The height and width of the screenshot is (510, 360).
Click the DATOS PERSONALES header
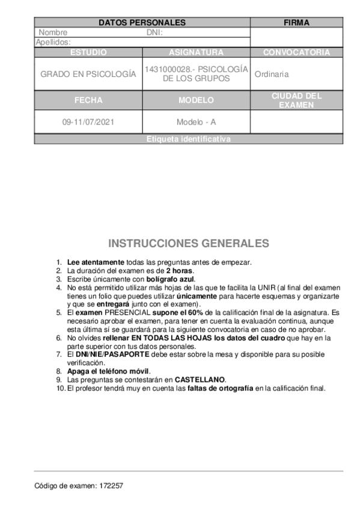[x=142, y=23]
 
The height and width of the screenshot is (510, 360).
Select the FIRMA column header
[x=296, y=23]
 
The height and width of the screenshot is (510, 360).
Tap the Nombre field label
[x=53, y=32]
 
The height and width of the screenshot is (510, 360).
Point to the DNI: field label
[x=154, y=32]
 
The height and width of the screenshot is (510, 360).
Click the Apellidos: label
[x=53, y=42]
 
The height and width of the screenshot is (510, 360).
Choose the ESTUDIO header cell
[x=88, y=52]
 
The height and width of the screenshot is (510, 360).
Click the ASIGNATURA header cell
[x=196, y=52]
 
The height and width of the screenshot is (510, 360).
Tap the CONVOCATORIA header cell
[x=296, y=52]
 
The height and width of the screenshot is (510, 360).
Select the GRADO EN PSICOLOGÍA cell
[x=88, y=74]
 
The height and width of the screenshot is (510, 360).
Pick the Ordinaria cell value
[x=272, y=74]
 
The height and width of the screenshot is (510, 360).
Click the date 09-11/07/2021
[x=88, y=121]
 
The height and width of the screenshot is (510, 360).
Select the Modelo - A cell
[x=196, y=121]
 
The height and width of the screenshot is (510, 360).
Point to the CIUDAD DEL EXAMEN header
[x=296, y=100]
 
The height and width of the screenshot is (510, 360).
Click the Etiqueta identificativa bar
[x=188, y=139]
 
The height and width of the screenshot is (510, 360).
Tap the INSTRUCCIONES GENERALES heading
[x=188, y=244]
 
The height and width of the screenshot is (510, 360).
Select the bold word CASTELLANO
[x=200, y=379]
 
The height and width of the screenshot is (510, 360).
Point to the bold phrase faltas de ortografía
[x=220, y=388]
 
